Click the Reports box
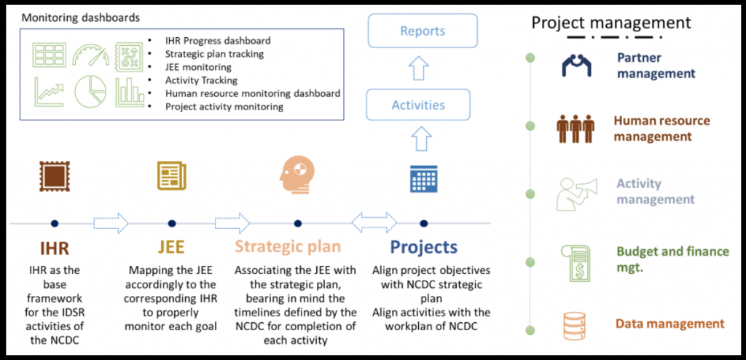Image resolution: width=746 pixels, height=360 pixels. coord(423,31)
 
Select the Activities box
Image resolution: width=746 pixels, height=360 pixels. coord(417,104)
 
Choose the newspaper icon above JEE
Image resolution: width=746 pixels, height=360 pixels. coord(172,176)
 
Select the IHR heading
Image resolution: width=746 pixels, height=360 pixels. coord(54,248)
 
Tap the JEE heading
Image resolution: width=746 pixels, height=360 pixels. coord(170,248)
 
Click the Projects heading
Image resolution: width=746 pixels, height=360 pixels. coord(423,248)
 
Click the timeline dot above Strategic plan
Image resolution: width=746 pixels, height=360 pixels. coord(298,223)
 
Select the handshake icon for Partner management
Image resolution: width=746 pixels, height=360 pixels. coord(576,66)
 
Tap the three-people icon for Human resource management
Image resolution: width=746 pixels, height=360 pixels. coord(576,128)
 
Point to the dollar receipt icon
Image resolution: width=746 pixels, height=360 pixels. coord(576,262)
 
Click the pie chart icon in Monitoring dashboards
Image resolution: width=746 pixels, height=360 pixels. coord(90,91)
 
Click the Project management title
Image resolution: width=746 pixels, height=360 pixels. coord(611,23)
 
